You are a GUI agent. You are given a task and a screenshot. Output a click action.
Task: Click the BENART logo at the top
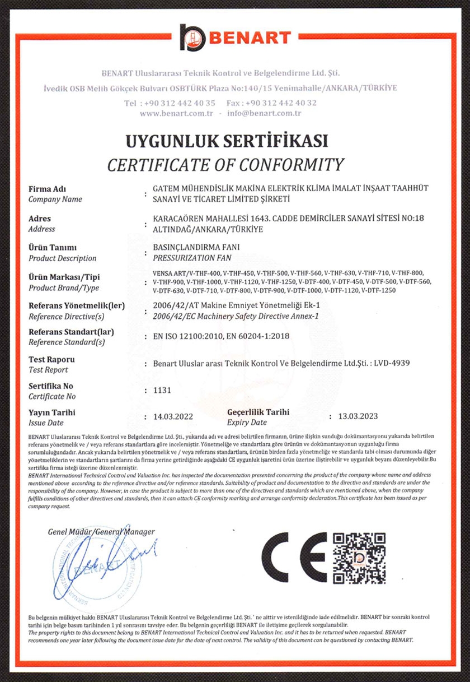[235, 38]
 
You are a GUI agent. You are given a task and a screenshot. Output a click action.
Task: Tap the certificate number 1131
[161, 391]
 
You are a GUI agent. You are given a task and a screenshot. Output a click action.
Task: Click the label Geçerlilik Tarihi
[258, 412]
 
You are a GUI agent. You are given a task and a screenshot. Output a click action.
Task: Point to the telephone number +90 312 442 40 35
[179, 103]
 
